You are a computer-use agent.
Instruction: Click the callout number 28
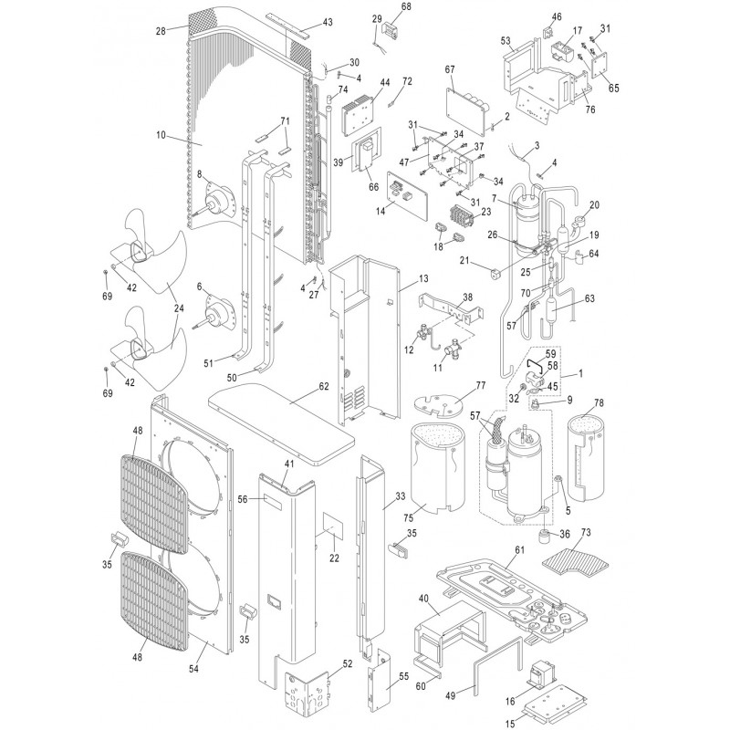[161, 32]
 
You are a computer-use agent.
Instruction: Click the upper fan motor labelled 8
[218, 200]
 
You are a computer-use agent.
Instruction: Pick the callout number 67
[449, 70]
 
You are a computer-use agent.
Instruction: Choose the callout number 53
[505, 41]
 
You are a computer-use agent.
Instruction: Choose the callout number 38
[467, 297]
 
